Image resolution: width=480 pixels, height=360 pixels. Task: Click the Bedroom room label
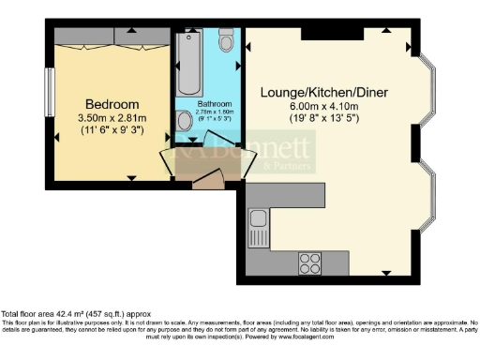coord(112,104)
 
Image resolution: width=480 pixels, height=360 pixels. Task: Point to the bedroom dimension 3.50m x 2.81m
coord(112,119)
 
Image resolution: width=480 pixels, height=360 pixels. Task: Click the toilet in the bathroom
coord(226,42)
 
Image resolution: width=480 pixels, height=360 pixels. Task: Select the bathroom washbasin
coord(184,120)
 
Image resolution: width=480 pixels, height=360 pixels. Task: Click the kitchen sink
coord(259,223)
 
